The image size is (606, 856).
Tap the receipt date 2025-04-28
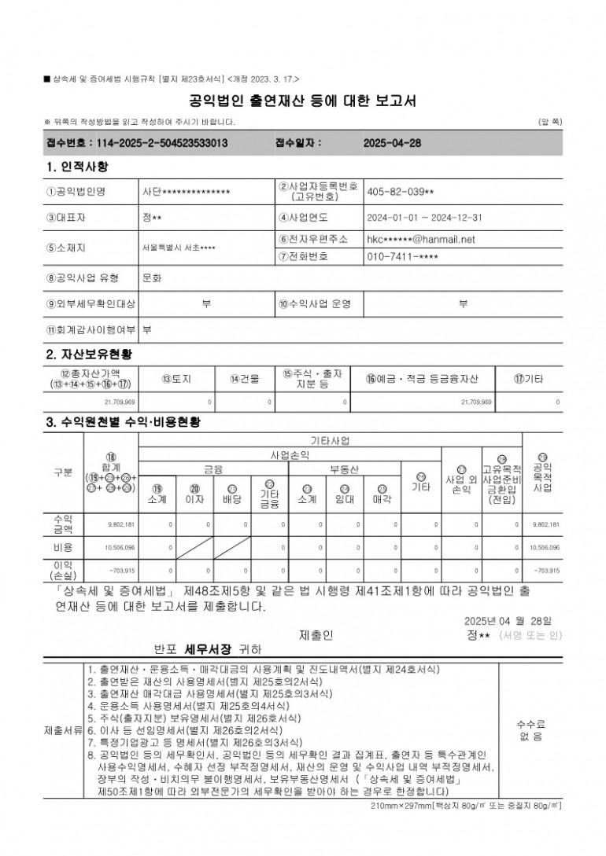click(393, 144)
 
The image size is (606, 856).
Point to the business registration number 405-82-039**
click(400, 191)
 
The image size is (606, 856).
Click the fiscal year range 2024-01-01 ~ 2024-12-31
click(424, 218)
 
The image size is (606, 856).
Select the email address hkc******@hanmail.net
click(421, 239)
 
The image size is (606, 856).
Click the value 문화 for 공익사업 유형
click(152, 277)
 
